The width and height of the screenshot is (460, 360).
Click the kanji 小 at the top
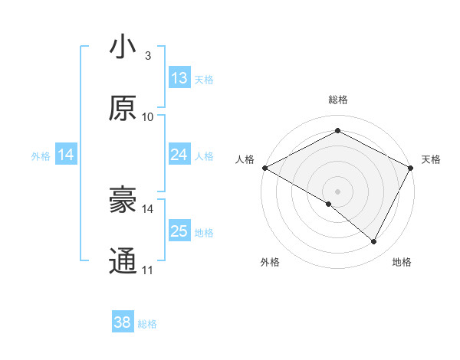click(123, 47)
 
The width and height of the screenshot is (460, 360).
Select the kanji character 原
click(123, 109)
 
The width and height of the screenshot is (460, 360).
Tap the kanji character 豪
click(123, 201)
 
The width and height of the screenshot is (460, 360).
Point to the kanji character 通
click(123, 261)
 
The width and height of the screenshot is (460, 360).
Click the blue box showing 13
click(179, 78)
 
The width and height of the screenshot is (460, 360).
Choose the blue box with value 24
click(179, 155)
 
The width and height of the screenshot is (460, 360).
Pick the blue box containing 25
click(179, 231)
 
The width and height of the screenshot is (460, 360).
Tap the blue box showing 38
click(123, 323)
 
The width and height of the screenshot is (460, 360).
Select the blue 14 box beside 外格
click(66, 155)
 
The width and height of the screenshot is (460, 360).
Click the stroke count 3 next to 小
click(148, 56)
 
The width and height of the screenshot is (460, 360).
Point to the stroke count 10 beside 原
click(148, 117)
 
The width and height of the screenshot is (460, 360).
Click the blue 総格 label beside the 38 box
click(147, 324)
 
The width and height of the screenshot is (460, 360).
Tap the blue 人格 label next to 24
click(204, 155)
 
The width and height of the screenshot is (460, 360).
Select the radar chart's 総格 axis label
click(337, 100)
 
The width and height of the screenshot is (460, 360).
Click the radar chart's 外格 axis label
click(270, 262)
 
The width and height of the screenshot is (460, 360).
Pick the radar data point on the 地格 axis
click(374, 241)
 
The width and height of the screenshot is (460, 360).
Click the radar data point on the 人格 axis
click(264, 168)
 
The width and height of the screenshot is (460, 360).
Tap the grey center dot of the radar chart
click(337, 191)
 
